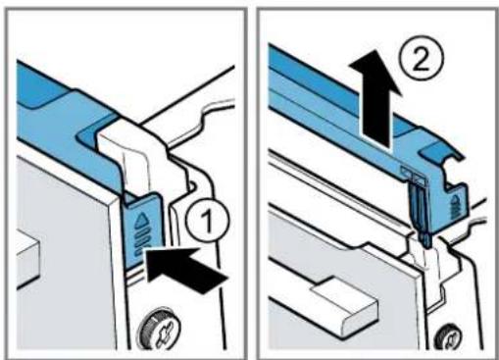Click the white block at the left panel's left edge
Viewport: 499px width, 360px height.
point(24,251)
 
